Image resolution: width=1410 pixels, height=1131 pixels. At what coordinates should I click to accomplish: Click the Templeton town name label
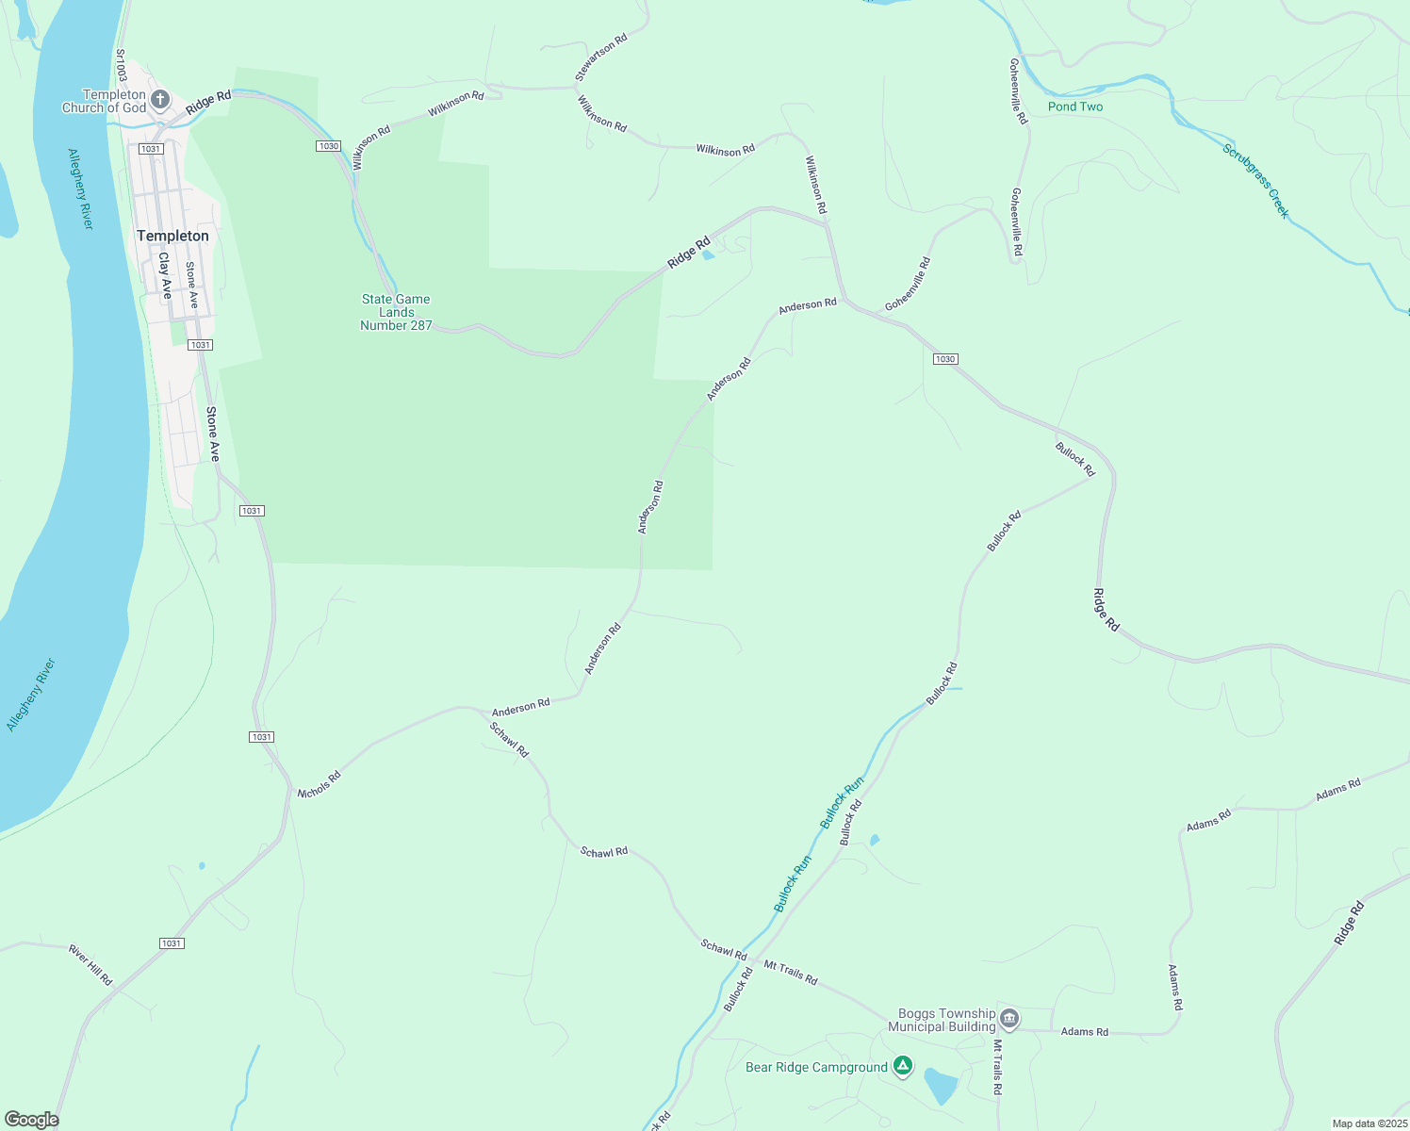click(x=172, y=236)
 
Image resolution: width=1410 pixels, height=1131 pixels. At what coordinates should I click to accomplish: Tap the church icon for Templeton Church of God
click(x=160, y=99)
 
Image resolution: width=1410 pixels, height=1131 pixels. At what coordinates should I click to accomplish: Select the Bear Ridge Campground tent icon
click(x=903, y=1066)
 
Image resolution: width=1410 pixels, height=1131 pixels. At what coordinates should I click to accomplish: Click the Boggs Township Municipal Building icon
click(x=1009, y=1018)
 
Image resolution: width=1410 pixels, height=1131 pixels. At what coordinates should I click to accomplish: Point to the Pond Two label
click(x=1074, y=107)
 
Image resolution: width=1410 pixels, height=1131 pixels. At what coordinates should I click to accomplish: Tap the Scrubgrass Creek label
click(x=1255, y=181)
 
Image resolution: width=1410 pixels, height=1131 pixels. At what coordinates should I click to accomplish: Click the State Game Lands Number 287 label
click(x=396, y=312)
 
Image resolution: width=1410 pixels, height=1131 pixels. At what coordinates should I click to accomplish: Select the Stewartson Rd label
click(x=601, y=57)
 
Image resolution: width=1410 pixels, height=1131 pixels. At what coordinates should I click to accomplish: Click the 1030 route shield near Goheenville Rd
click(x=945, y=359)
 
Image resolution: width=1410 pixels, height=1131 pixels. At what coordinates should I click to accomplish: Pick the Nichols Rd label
click(x=319, y=785)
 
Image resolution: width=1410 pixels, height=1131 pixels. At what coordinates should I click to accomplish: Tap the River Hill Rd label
click(x=90, y=965)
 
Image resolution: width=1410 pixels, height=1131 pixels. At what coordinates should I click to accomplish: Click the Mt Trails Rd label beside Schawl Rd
click(x=790, y=973)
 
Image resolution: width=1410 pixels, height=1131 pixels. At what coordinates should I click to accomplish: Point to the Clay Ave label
click(x=165, y=275)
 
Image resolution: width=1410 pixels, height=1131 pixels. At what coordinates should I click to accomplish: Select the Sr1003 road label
click(x=121, y=65)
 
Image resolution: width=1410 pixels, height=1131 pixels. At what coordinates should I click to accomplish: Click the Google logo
click(x=32, y=1120)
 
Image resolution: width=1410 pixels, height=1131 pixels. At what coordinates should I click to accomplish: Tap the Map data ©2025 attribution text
click(x=1369, y=1123)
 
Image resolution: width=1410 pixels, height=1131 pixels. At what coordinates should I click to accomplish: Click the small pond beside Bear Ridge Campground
click(x=940, y=1086)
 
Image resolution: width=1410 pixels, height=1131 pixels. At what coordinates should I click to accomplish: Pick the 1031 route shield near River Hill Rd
click(x=172, y=943)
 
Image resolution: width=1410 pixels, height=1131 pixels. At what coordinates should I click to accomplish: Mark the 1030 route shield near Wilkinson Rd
click(x=328, y=146)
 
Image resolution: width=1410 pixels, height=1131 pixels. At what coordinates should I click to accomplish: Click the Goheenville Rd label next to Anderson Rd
click(x=908, y=284)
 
